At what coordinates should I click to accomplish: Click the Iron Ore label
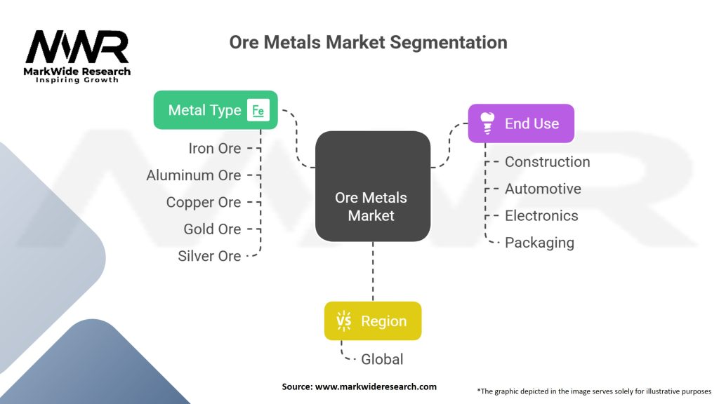tap(215, 149)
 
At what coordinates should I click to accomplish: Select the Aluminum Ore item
tap(194, 175)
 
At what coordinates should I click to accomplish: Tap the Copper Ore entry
tap(204, 203)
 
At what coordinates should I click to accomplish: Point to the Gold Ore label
tap(212, 229)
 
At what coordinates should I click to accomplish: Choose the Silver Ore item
tap(209, 256)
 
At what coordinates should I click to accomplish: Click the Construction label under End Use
tap(548, 162)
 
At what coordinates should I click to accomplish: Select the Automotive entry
tap(543, 189)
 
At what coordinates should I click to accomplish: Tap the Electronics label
tap(541, 216)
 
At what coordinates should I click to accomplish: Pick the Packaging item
tap(540, 243)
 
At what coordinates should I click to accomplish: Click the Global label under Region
tap(382, 360)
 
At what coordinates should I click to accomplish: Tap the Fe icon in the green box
tap(258, 110)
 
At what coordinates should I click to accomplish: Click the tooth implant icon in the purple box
tap(487, 123)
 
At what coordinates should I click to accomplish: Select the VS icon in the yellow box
tap(343, 321)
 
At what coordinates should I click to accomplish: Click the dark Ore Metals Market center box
tap(373, 187)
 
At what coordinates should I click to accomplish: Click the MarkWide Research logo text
tap(77, 72)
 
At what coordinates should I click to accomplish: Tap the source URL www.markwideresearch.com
tap(376, 386)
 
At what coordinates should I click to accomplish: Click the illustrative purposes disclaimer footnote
tap(594, 391)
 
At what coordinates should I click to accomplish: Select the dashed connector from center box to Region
tap(373, 271)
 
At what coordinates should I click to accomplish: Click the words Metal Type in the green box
tap(204, 110)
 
